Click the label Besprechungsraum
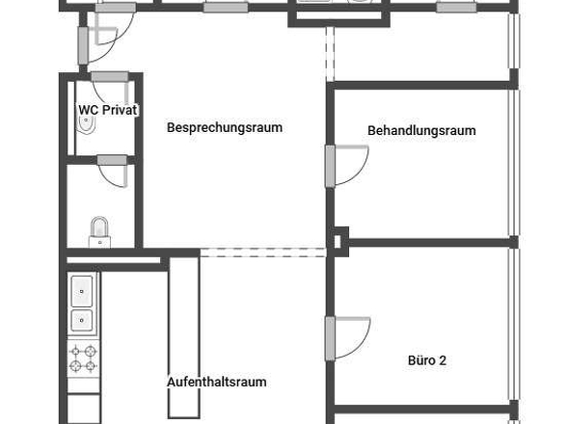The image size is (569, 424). [224, 127]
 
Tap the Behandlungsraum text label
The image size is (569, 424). [421, 131]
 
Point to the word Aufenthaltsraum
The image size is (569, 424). [217, 382]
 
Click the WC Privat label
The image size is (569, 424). [108, 111]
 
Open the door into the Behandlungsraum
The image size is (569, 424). [346, 164]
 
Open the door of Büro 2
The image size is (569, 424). [346, 337]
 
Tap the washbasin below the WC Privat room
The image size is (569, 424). [99, 229]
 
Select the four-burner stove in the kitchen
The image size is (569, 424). [82, 358]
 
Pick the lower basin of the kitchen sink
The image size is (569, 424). [82, 319]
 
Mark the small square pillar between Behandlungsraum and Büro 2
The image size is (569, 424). [339, 238]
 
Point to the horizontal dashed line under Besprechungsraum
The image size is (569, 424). [262, 252]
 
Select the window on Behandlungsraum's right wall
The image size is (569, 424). [513, 159]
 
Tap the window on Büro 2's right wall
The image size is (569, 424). [513, 328]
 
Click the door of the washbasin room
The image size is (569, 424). [113, 172]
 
